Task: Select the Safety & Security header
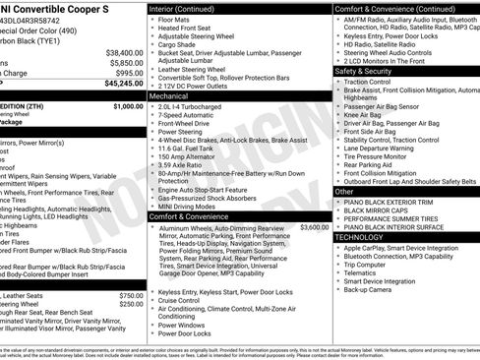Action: (x=369, y=72)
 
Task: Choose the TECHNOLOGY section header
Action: (x=365, y=237)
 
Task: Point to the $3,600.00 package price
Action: (x=315, y=227)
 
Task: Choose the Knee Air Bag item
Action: (x=365, y=114)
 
